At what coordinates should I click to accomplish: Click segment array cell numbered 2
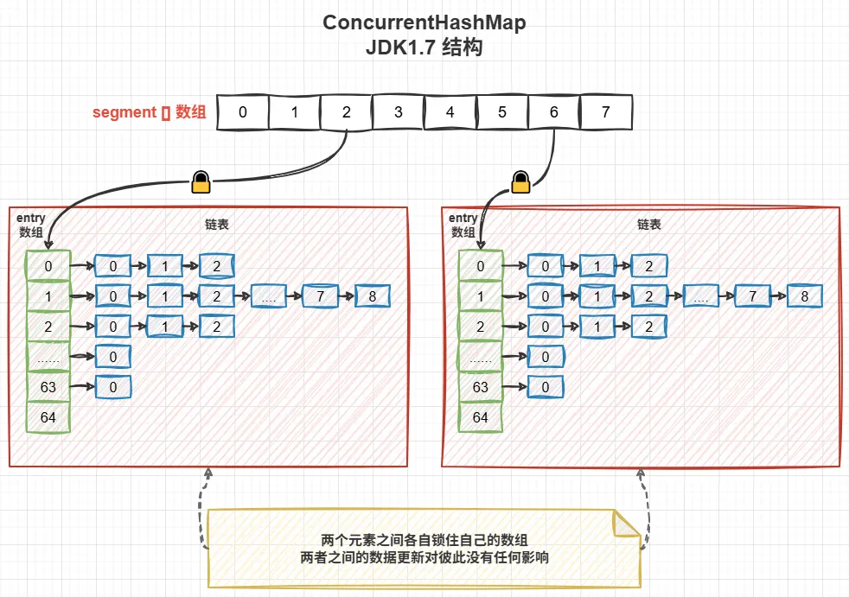pos(346,112)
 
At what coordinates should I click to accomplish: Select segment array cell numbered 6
pos(553,112)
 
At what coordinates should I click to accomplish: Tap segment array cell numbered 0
pos(242,112)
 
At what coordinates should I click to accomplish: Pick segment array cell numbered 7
pos(605,112)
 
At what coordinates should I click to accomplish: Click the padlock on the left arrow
pos(201,181)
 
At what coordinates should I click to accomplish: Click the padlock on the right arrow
pos(520,181)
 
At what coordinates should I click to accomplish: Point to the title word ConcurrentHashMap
pos(424,23)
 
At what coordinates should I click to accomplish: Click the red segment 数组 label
pos(149,112)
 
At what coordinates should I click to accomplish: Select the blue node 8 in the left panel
pos(372,296)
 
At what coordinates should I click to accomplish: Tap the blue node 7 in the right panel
pos(752,296)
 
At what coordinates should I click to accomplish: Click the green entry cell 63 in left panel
pos(48,386)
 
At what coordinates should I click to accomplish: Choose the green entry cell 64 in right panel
pos(481,417)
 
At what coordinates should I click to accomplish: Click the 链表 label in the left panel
pos(217,224)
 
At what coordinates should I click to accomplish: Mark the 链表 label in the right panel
pos(649,224)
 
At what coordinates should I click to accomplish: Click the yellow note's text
pos(424,549)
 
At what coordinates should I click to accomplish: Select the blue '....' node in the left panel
pos(268,296)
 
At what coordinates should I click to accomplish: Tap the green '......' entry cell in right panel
pos(481,356)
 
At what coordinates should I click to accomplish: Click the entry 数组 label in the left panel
pos(30,225)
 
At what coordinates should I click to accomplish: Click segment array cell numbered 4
pos(450,112)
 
